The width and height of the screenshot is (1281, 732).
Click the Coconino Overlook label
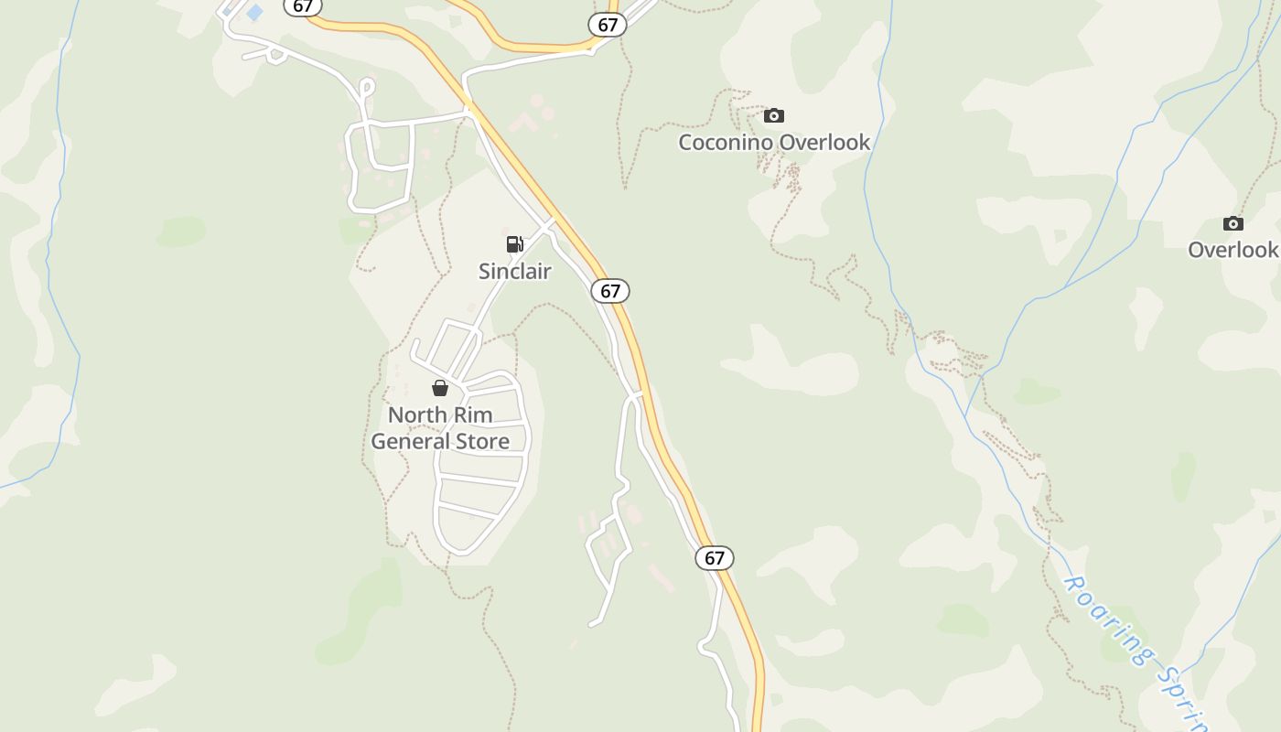[x=774, y=142]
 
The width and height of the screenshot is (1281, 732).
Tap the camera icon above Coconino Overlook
[x=774, y=115]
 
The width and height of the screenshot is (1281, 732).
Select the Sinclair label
[x=515, y=271]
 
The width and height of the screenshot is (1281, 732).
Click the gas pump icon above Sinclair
[x=515, y=243]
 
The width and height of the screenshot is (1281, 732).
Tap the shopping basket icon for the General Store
[x=440, y=388]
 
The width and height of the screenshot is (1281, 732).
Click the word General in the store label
[x=409, y=441]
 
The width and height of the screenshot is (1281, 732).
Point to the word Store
[x=481, y=441]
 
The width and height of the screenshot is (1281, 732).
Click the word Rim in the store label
[x=472, y=414]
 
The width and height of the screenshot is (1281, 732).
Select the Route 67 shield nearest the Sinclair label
[x=610, y=291]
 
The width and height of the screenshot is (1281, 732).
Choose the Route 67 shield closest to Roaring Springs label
[x=715, y=557]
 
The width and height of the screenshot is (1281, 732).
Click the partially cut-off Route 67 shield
[x=302, y=5]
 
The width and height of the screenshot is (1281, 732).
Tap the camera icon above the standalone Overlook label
[x=1233, y=223]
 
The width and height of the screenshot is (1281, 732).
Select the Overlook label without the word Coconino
[x=1233, y=250]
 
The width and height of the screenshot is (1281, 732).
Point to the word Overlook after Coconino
[x=826, y=142]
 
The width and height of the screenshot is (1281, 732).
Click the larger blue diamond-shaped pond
[x=254, y=13]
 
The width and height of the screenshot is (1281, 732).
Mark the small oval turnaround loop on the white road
[x=367, y=87]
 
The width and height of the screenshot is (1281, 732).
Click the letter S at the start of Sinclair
[x=485, y=271]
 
